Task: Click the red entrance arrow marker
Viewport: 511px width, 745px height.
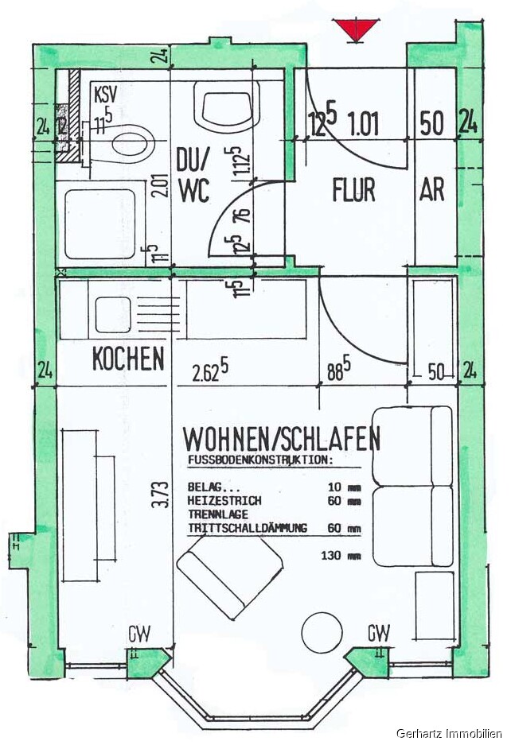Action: click(x=356, y=31)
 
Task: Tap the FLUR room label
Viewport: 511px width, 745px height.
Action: click(x=353, y=191)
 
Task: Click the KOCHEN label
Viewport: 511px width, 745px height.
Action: click(x=128, y=359)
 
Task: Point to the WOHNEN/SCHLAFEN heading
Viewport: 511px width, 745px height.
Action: click(x=282, y=438)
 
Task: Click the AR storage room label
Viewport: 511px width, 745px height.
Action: click(x=432, y=191)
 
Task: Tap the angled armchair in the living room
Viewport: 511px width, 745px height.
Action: click(x=230, y=573)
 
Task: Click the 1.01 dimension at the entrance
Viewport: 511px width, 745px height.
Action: click(x=364, y=123)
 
